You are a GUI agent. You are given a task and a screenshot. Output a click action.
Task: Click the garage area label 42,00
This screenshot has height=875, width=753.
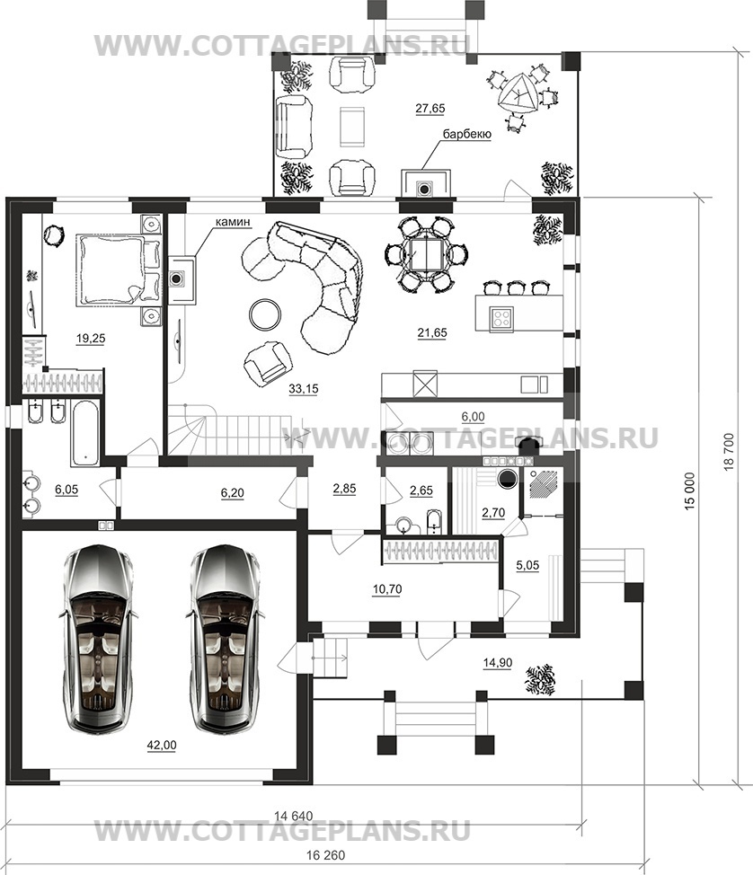click(x=162, y=745)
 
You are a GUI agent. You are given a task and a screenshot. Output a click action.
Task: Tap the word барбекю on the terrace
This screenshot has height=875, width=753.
click(x=466, y=134)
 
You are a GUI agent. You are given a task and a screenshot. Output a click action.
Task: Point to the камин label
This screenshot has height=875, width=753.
click(x=234, y=222)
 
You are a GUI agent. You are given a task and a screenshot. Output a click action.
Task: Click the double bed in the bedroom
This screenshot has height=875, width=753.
click(x=118, y=270)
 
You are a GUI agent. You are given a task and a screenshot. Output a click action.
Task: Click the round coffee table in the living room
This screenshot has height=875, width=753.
click(x=265, y=315)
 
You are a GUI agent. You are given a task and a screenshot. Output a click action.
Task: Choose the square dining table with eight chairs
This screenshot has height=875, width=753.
click(x=428, y=254)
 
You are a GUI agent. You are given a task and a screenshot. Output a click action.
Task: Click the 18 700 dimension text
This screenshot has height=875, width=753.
click(x=729, y=452)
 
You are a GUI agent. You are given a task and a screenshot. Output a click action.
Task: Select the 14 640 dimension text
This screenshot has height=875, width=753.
click(x=294, y=816)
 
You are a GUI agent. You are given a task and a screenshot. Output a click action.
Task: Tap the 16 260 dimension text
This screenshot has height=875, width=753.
click(x=326, y=855)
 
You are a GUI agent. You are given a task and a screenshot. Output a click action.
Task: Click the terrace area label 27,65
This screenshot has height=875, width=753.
click(x=430, y=109)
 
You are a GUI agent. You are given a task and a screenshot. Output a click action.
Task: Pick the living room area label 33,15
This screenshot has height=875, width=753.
click(x=304, y=389)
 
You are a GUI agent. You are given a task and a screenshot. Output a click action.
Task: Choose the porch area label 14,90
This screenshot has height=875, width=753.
click(x=497, y=662)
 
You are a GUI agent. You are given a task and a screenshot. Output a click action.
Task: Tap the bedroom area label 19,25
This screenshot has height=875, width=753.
click(x=91, y=338)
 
